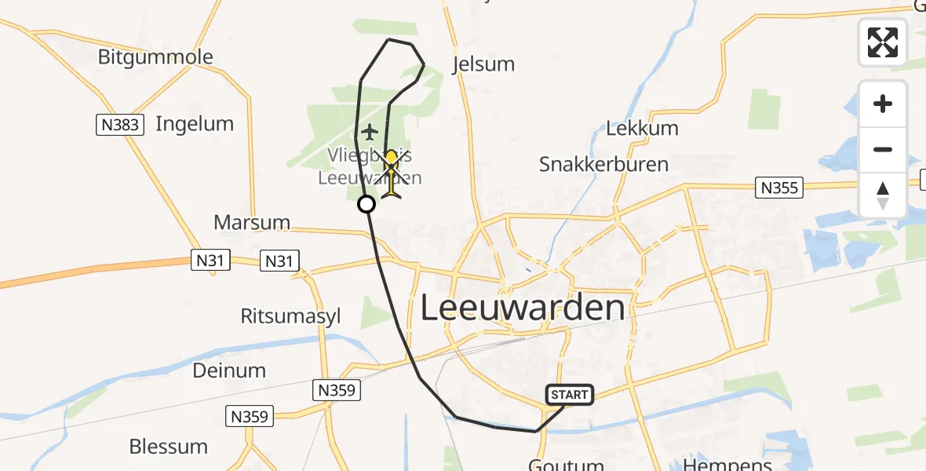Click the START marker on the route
click(570, 394)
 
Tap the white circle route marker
click(366, 205)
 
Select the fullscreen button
click(883, 42)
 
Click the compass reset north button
click(883, 195)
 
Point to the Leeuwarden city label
click(523, 308)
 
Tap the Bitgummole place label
click(155, 57)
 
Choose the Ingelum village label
click(195, 123)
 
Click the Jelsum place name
click(483, 64)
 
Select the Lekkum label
click(643, 129)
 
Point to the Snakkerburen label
click(603, 164)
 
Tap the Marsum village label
click(252, 223)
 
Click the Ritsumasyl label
click(291, 316)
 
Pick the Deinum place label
click(229, 370)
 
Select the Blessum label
click(168, 447)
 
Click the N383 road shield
click(121, 124)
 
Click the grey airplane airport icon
click(370, 132)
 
